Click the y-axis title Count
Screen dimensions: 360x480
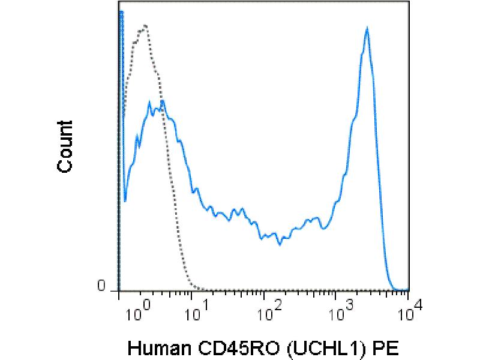pos(65,146)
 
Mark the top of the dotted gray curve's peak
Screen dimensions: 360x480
pos(145,26)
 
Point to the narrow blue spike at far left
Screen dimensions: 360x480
pos(121,12)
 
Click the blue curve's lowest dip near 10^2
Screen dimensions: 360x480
pos(280,244)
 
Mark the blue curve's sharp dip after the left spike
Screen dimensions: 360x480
pos(125,201)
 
